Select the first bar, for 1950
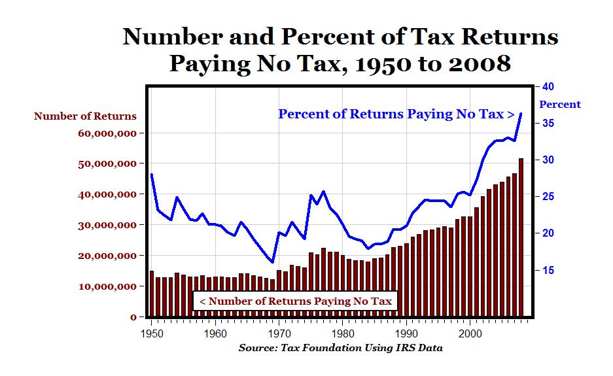(x=152, y=294)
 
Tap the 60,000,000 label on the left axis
(x=107, y=133)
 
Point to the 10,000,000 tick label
(x=107, y=286)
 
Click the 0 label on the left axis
(x=133, y=317)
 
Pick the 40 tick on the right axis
(x=548, y=87)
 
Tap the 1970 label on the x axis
(x=279, y=333)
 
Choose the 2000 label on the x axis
(x=471, y=333)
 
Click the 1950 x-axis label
(x=152, y=333)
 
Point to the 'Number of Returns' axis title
(x=85, y=116)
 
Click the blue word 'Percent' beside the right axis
(x=559, y=105)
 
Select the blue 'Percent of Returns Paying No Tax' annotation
(x=396, y=114)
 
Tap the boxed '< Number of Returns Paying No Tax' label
(x=295, y=301)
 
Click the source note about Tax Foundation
(x=340, y=348)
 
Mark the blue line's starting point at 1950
(x=152, y=174)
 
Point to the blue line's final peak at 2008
(x=521, y=113)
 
